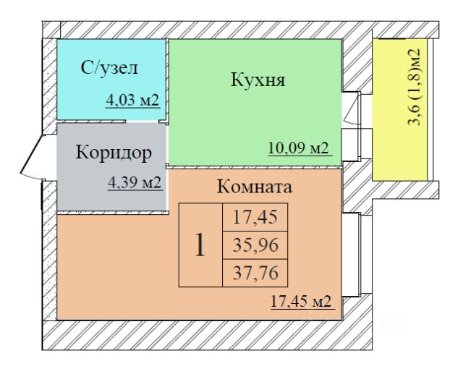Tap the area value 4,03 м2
pyautogui.click(x=132, y=101)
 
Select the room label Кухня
pyautogui.click(x=258, y=80)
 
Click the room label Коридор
pyautogui.click(x=114, y=153)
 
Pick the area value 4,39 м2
pyautogui.click(x=134, y=182)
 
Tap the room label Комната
pyautogui.click(x=254, y=187)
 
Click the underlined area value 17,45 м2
pyautogui.click(x=300, y=302)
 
